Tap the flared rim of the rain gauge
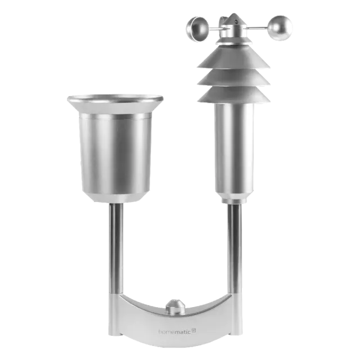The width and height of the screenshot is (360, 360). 115,100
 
